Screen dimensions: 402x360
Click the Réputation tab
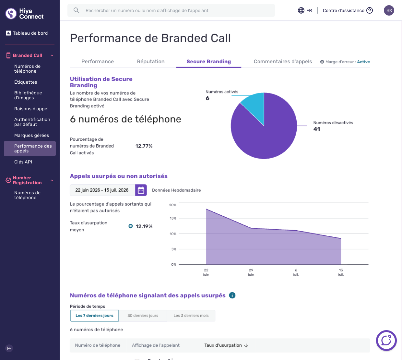tap(151, 62)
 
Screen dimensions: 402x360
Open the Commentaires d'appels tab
tap(283, 62)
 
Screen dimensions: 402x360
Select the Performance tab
tap(98, 62)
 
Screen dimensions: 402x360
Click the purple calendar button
tap(141, 190)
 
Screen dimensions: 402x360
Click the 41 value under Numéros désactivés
tap(317, 129)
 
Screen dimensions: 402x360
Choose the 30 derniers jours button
tap(143, 316)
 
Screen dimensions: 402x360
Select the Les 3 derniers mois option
tap(191, 316)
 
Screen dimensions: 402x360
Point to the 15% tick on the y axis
tap(173, 218)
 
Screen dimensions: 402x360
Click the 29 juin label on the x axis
tap(251, 272)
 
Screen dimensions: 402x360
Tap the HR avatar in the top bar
tap(389, 10)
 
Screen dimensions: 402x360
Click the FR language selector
tap(305, 10)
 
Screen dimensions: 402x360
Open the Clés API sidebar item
tap(23, 162)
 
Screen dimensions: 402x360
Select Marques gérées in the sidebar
tap(31, 135)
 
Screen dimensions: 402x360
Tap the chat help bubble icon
tap(386, 341)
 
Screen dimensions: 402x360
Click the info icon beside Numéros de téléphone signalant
tap(232, 295)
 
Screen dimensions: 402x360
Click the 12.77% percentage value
tap(144, 146)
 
